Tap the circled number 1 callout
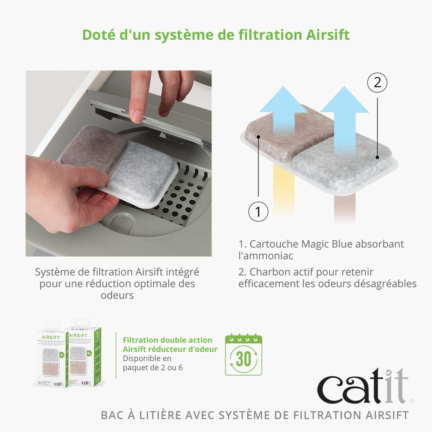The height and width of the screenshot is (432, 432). coord(258,211)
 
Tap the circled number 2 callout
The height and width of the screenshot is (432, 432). coord(377,82)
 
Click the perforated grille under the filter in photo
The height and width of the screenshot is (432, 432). coord(186,197)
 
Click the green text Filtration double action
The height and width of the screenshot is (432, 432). coord(167,340)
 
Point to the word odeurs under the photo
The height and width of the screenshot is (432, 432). coord(117,295)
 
